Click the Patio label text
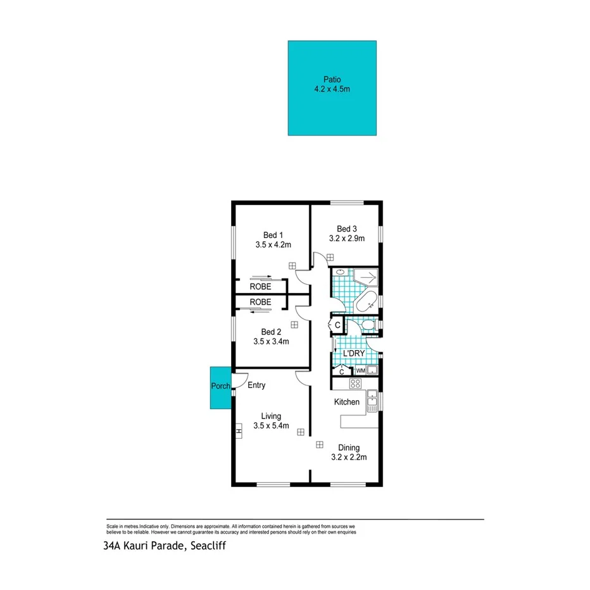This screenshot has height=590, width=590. (332, 80)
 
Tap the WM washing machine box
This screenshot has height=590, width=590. (360, 371)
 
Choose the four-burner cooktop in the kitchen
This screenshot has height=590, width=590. (355, 384)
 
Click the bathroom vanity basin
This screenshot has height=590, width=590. (340, 273)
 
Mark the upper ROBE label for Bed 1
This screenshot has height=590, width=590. (260, 286)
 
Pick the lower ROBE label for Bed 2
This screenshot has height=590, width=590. (260, 303)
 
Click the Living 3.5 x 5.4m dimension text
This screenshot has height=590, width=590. (272, 426)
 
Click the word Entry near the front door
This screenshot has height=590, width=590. (256, 386)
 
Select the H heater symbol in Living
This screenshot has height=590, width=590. (238, 432)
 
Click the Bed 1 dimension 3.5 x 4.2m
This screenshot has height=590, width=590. (273, 244)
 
